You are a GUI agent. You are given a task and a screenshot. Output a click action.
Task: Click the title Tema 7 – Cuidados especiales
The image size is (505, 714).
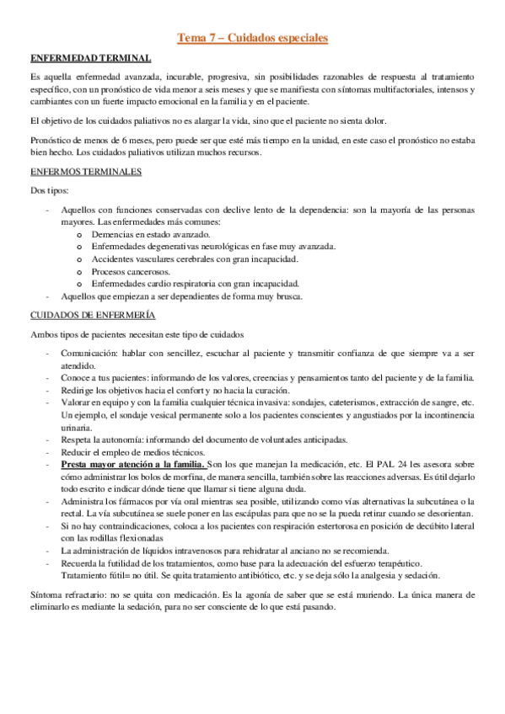tap(253, 38)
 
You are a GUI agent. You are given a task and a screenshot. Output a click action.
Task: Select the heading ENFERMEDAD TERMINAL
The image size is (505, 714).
tap(90, 58)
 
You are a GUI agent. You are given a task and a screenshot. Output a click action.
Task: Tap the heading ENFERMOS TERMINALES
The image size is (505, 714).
tap(85, 172)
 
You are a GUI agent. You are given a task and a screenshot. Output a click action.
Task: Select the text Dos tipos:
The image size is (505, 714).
tap(49, 190)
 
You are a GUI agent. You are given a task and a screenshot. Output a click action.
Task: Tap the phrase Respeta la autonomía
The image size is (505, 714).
tap(100, 440)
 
